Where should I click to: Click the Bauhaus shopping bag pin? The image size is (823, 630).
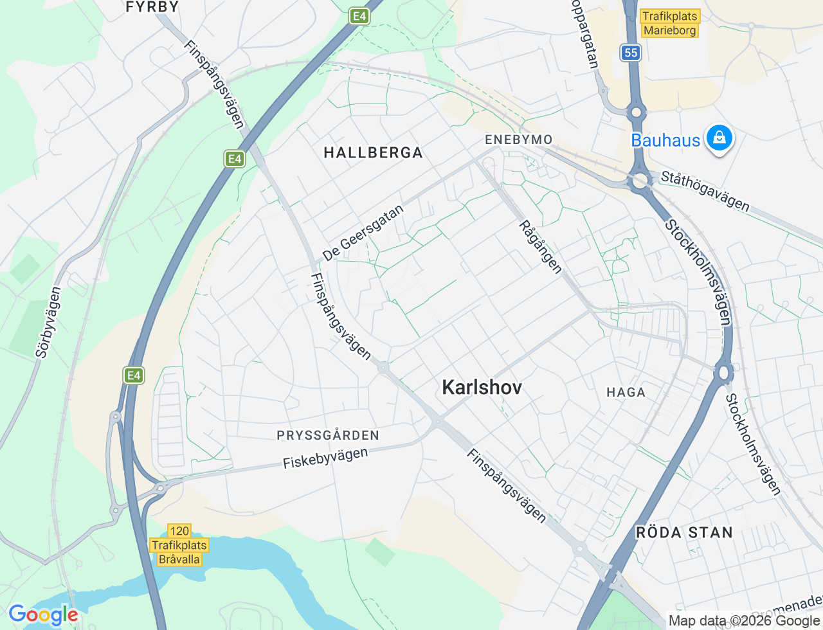pos(719,138)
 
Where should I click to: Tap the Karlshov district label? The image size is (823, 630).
pos(482,387)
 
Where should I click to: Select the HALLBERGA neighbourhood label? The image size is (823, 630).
pos(373,152)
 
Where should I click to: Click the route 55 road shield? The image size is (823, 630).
pos(631,53)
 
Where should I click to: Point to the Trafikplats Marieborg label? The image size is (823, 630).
pos(670,24)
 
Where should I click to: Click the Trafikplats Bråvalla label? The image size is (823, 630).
pos(179,546)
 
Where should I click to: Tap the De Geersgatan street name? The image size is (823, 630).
pos(364,233)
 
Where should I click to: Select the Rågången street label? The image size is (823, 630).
pos(541,247)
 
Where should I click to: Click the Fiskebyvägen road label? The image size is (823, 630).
pos(325,458)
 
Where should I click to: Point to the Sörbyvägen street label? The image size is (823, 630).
pos(49,321)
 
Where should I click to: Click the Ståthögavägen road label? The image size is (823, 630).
pos(705,190)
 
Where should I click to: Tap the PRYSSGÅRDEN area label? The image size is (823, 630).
pos(328,435)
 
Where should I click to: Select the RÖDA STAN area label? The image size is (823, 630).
pos(684,532)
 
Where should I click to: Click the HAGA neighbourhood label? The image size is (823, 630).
pos(626,392)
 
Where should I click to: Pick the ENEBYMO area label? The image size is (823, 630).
pos(518,139)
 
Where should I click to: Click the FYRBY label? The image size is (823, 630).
pos(152,7)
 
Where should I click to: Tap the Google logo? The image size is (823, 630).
pos(43,615)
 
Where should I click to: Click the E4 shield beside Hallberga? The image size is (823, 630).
pos(235,158)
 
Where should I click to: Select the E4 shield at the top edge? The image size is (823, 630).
pos(359,16)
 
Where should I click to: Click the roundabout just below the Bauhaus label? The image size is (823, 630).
pos(640,182)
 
